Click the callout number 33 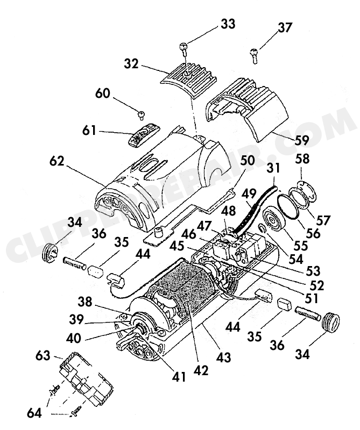tap(228, 24)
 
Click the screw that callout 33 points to tap(183, 49)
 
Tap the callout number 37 tap(285, 28)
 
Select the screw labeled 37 tap(255, 56)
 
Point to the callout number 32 tap(131, 64)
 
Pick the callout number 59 tap(301, 140)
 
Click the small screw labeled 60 tap(142, 115)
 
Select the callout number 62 tap(57, 161)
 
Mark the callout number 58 tap(302, 159)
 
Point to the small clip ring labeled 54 tap(263, 227)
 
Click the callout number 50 tap(247, 160)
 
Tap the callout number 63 tap(43, 356)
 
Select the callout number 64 tap(34, 413)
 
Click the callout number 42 tap(201, 371)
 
